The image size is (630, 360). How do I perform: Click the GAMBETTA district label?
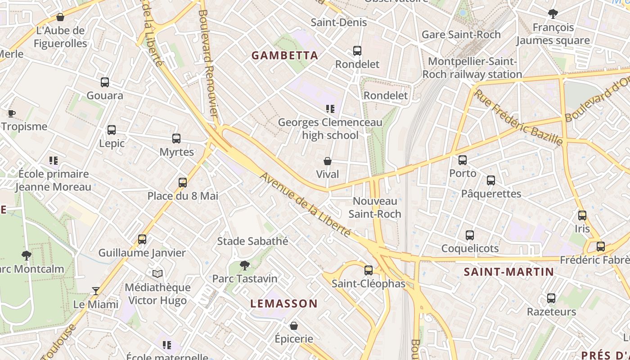tap(285, 55)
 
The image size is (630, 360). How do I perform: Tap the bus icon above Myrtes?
tap(176, 139)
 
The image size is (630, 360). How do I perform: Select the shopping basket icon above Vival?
tap(328, 161)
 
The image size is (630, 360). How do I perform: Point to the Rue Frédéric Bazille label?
tap(517, 117)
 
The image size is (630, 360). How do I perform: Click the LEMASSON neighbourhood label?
tap(284, 303)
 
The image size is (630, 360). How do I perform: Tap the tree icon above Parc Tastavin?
tap(245, 265)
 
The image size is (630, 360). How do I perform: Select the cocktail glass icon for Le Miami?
tap(95, 291)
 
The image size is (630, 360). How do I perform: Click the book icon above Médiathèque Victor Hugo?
tap(157, 274)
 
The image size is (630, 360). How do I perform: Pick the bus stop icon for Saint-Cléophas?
tap(369, 270)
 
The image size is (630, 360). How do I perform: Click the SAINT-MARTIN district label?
tap(509, 272)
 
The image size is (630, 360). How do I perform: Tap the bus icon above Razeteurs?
tap(551, 298)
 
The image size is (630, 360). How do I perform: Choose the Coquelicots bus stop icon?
tap(470, 235)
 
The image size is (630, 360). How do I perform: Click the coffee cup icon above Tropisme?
tap(12, 113)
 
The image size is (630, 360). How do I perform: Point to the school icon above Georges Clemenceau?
tap(330, 109)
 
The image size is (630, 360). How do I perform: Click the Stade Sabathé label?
tap(252, 241)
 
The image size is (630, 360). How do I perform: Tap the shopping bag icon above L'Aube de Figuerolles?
tap(60, 18)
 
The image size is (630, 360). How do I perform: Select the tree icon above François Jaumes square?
tap(553, 14)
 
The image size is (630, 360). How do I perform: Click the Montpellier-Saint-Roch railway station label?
tap(472, 68)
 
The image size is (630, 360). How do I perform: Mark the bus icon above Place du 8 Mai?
tap(183, 183)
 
